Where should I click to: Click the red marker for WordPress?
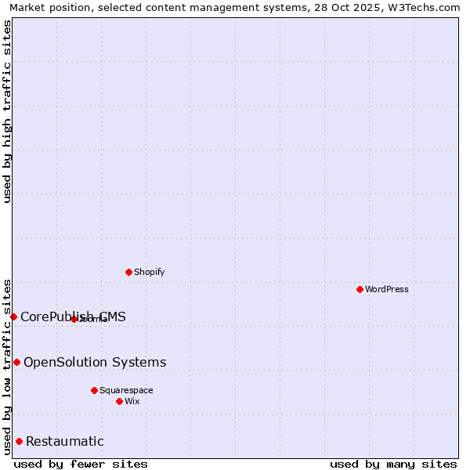click(360, 289)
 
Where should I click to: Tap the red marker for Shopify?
click(128, 272)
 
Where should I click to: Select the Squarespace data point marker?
click(94, 390)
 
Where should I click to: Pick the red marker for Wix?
click(119, 401)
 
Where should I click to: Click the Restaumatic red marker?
click(19, 441)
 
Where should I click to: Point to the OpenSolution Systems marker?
click(16, 362)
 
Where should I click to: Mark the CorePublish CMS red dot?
click(13, 316)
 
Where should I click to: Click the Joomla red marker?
click(74, 319)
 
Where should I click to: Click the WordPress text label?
click(387, 289)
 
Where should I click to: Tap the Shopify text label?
click(149, 272)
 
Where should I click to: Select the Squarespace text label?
click(126, 390)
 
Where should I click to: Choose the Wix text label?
click(132, 401)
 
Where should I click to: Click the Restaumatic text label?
click(65, 442)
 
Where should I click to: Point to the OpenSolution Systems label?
click(95, 362)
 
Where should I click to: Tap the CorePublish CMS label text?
click(73, 316)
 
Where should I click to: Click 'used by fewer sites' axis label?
click(81, 464)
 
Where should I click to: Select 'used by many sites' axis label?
click(393, 464)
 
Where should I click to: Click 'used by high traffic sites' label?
click(7, 111)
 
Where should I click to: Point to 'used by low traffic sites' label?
click(7, 366)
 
